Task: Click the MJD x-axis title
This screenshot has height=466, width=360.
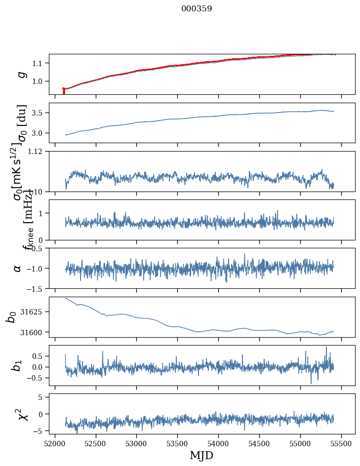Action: click(201, 455)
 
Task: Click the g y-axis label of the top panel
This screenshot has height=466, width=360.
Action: click(21, 74)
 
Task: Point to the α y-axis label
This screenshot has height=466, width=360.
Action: click(18, 268)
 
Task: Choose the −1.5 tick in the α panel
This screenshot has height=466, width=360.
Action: click(36, 288)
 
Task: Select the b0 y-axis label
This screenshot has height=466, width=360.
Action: click(11, 317)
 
